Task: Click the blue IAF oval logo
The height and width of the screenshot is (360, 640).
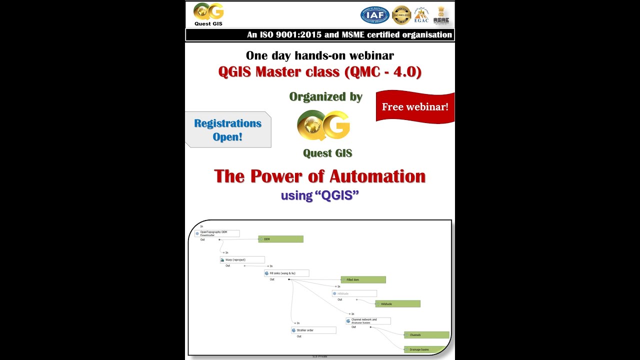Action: pyautogui.click(x=375, y=15)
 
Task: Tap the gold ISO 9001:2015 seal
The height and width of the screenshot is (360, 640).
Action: pyautogui.click(x=401, y=15)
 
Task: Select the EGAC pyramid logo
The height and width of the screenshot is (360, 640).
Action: pyautogui.click(x=421, y=15)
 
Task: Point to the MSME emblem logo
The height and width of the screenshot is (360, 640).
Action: pyautogui.click(x=441, y=15)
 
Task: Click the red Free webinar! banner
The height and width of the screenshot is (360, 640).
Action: pyautogui.click(x=415, y=106)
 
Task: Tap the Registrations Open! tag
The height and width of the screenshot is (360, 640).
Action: pyautogui.click(x=227, y=130)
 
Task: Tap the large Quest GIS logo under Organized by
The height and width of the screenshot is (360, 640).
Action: pyautogui.click(x=323, y=125)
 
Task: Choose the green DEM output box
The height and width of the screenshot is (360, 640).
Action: pyautogui.click(x=280, y=239)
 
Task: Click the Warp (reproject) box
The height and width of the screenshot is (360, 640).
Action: pyautogui.click(x=242, y=260)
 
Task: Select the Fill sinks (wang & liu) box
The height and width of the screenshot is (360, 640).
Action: pyautogui.click(x=286, y=273)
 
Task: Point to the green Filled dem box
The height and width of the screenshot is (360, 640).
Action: pyautogui.click(x=363, y=279)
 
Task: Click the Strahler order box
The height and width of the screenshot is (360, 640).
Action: pyautogui.click(x=313, y=330)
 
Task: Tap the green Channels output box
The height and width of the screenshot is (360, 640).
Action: pyautogui.click(x=426, y=335)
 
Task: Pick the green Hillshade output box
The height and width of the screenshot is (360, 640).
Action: pyautogui.click(x=397, y=303)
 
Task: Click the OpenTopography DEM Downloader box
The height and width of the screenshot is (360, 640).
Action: pyautogui.click(x=217, y=233)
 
